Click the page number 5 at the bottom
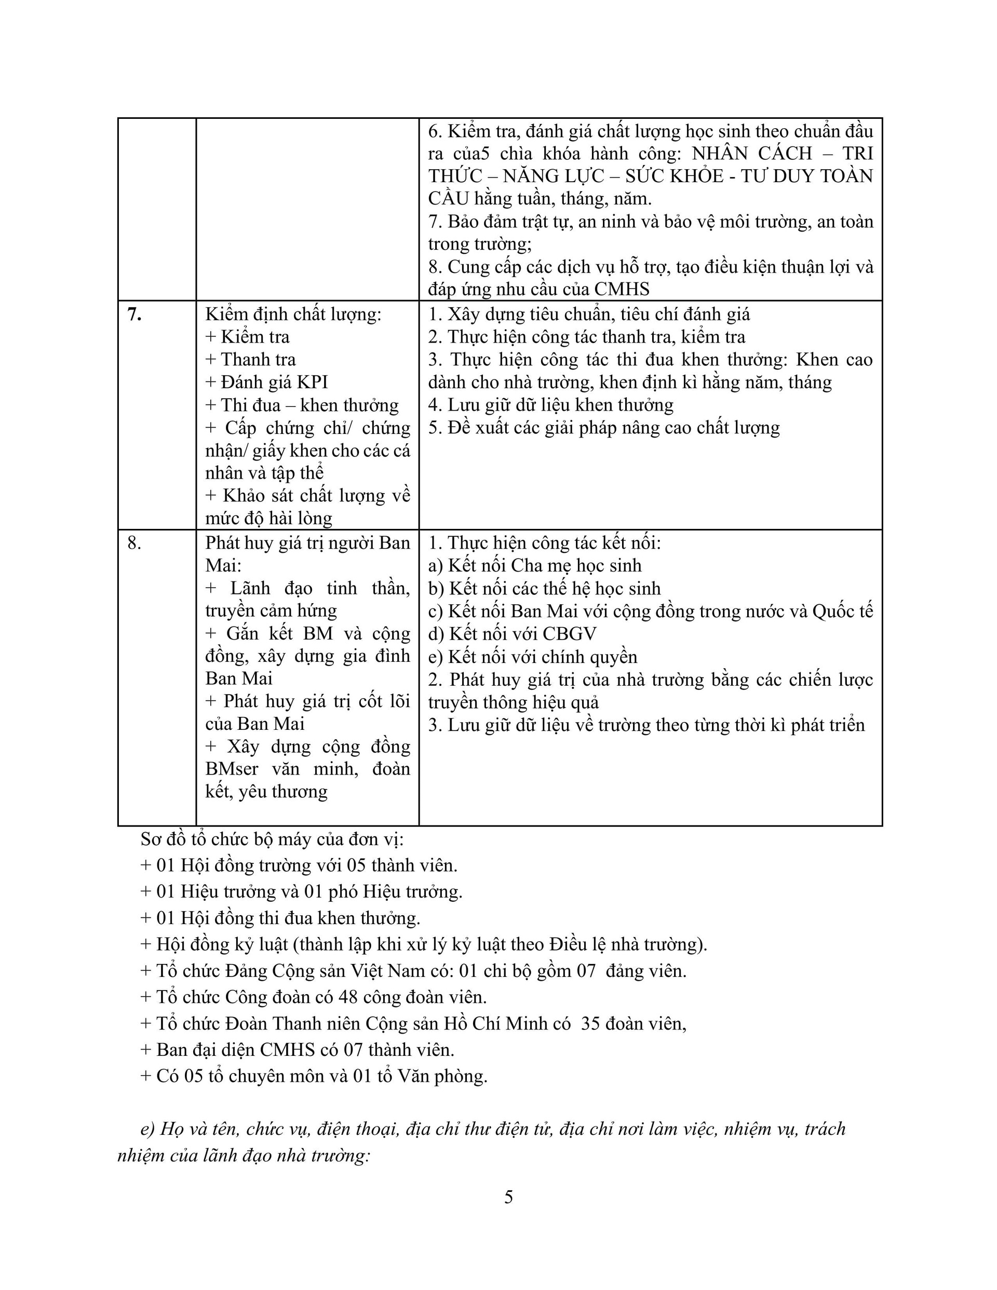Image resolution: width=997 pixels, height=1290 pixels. pyautogui.click(x=508, y=1197)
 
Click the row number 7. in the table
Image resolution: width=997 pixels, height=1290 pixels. pyautogui.click(x=134, y=314)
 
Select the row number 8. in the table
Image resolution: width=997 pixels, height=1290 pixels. pyautogui.click(x=134, y=543)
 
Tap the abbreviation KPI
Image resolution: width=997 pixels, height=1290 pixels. pyautogui.click(x=312, y=382)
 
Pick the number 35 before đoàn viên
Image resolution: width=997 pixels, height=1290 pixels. pyautogui.click(x=590, y=1023)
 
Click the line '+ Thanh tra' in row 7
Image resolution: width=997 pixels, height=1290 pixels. pyautogui.click(x=251, y=359)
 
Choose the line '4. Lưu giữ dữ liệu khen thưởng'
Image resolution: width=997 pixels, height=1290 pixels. pyautogui.click(x=551, y=405)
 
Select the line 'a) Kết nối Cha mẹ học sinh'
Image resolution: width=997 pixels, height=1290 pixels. pyautogui.click(x=535, y=565)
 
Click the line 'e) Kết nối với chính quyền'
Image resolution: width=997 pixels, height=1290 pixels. pyautogui.click(x=532, y=657)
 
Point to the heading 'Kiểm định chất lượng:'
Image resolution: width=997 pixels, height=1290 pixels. pyautogui.click(x=293, y=314)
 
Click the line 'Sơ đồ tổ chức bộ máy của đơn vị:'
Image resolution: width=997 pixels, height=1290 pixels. pyautogui.click(x=272, y=839)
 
